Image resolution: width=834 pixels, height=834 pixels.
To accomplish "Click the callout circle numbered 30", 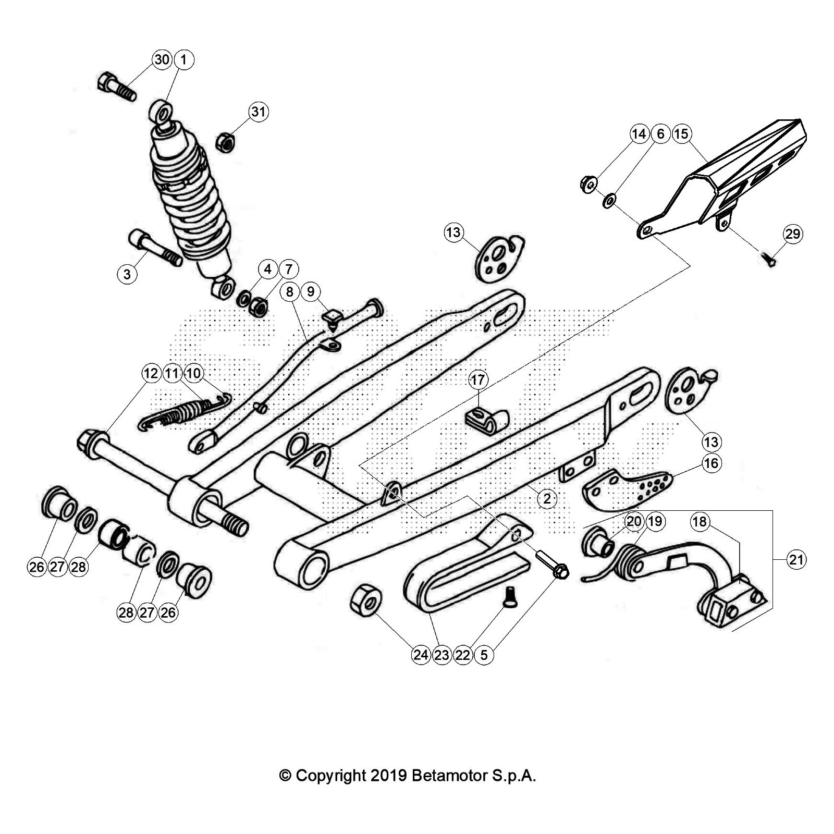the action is click(162, 60).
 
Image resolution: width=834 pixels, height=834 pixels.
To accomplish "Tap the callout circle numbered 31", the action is click(259, 112).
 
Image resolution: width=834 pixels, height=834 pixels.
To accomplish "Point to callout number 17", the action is click(478, 379).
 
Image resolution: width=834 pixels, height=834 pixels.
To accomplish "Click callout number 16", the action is click(712, 463).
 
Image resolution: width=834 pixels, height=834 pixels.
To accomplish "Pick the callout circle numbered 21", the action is click(796, 560).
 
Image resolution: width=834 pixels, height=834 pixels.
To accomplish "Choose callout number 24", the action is click(421, 655).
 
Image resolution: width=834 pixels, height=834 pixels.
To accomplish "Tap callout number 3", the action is click(127, 273).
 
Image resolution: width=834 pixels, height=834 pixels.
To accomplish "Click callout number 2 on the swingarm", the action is click(547, 499).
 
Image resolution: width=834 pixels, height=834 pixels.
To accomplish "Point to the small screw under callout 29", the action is click(770, 259).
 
